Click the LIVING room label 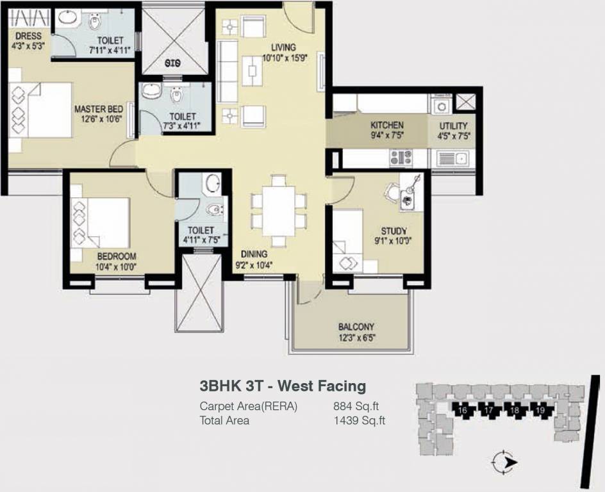point(283,47)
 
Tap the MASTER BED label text point(98,110)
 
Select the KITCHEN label point(387,126)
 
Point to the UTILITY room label point(453,126)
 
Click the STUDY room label point(394,231)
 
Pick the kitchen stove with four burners point(401,157)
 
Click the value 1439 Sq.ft point(359,420)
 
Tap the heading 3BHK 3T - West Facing point(283,386)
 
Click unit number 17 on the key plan point(488,410)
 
